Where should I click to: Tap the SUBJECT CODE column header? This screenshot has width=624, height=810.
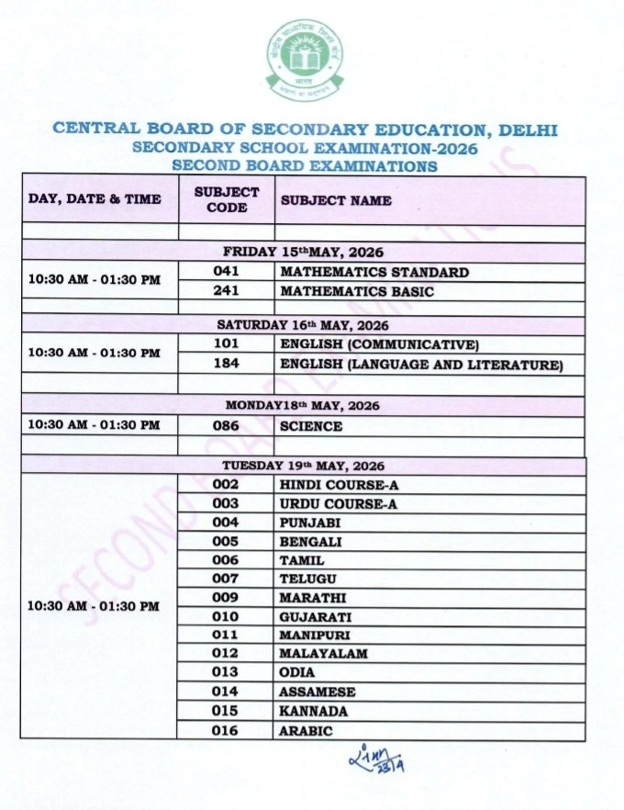[x=227, y=200]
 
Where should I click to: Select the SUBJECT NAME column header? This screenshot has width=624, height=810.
[x=336, y=200]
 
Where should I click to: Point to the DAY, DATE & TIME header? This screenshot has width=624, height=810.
[x=95, y=199]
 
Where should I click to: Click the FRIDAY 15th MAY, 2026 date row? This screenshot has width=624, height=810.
[x=303, y=252]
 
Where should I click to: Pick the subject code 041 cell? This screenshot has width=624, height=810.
[x=226, y=272]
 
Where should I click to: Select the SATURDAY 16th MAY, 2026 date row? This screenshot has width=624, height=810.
[x=303, y=325]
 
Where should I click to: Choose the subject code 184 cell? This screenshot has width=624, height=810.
[x=226, y=365]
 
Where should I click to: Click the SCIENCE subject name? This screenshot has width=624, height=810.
[x=311, y=426]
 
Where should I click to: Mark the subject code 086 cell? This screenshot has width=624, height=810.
[x=226, y=426]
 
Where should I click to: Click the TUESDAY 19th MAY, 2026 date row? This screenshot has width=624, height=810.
[x=303, y=466]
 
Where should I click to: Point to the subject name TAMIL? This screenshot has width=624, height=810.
[x=302, y=560]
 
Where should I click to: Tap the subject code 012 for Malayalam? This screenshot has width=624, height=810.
[x=226, y=654]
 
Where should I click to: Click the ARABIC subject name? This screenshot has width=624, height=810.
[x=306, y=731]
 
